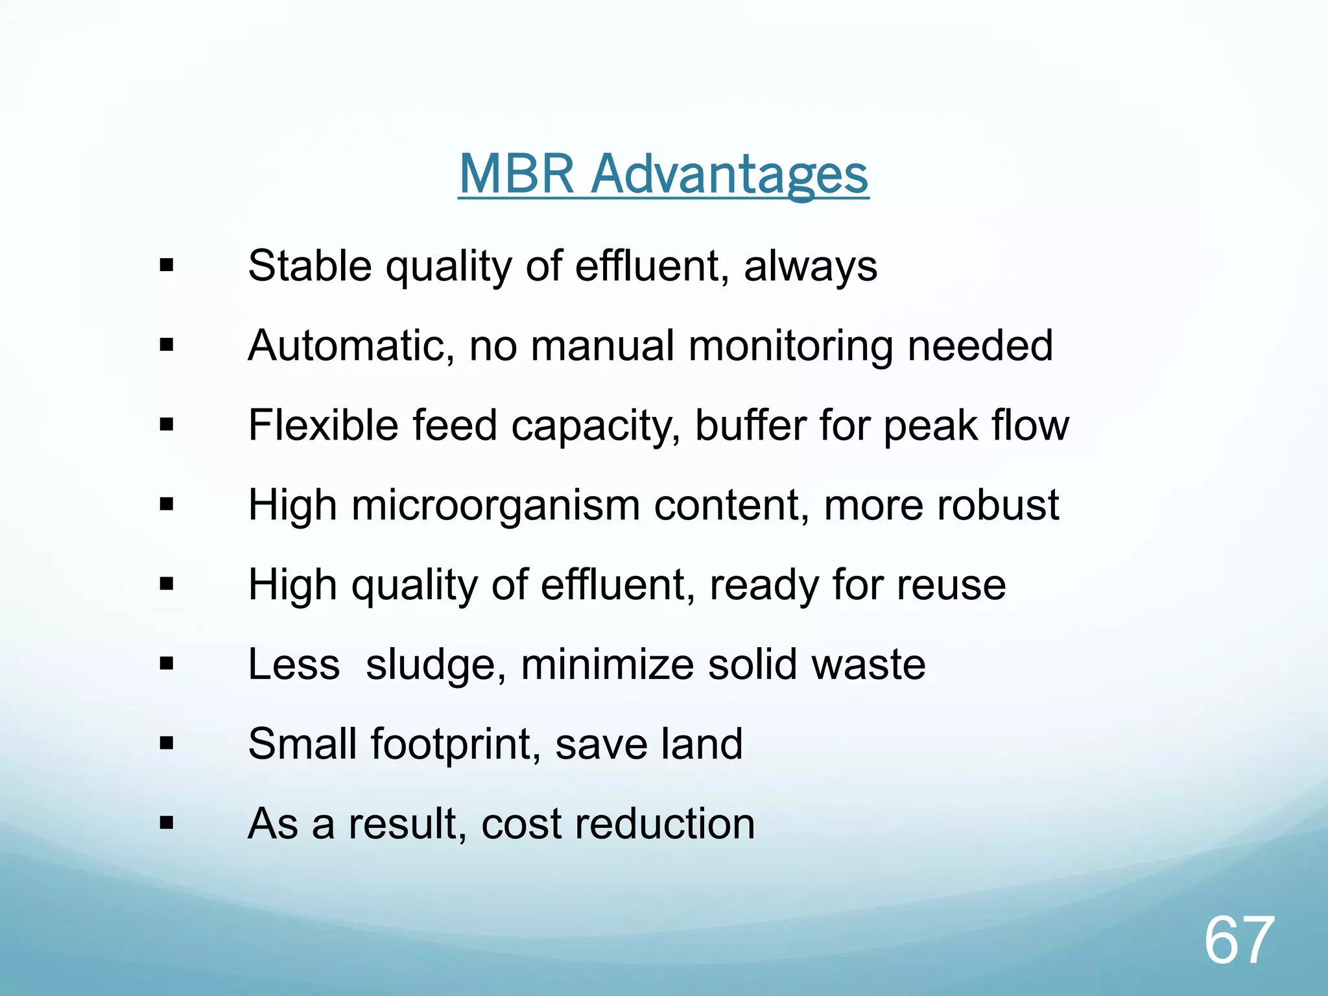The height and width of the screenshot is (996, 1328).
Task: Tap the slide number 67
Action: click(x=1239, y=940)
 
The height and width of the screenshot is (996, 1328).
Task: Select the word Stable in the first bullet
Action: click(x=310, y=266)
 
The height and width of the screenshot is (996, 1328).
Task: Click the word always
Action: click(x=811, y=267)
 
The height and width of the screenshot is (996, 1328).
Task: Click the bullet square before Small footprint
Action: click(x=167, y=743)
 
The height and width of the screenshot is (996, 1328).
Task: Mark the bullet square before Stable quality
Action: click(x=167, y=265)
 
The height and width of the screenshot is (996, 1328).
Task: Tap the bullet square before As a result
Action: click(x=167, y=824)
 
